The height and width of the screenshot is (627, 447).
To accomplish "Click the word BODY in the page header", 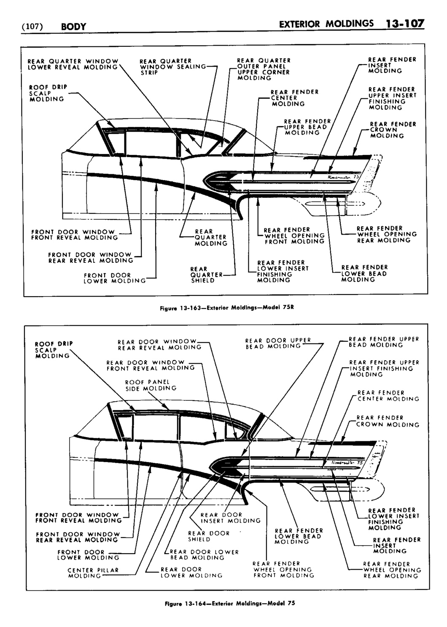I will point(73,27).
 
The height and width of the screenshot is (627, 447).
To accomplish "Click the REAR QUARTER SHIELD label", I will point(206,275).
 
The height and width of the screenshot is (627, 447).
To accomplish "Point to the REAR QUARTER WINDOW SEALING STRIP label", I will point(172,66).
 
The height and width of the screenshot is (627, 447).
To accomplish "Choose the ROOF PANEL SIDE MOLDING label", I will point(151,385).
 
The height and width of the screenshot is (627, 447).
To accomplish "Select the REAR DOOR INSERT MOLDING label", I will point(230,518).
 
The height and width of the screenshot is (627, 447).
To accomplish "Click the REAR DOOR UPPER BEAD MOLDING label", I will point(278,343).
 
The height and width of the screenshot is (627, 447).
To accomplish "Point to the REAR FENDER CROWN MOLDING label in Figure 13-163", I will point(393,130).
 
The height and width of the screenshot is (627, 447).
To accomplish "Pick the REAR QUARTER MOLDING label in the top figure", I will point(210,238).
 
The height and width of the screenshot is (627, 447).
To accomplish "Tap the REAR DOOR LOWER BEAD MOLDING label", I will point(204,554).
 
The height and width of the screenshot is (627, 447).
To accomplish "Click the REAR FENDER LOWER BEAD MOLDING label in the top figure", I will point(364,273).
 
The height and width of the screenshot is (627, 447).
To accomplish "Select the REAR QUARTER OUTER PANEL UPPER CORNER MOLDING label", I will point(264,69).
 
